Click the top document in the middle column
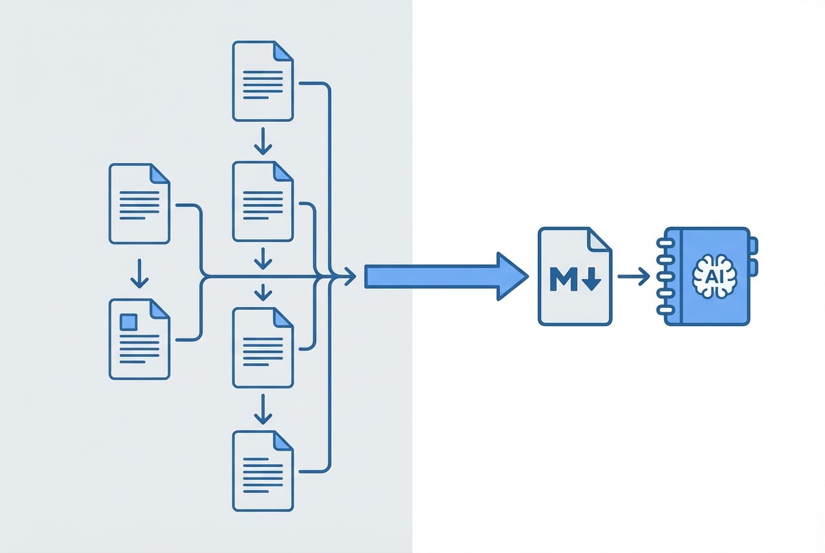[262, 81]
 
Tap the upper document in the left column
[139, 203]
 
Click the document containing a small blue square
[139, 338]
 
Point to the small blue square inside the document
[129, 321]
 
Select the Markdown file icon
[574, 276]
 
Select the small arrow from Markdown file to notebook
[633, 276]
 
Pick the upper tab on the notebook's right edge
[753, 246]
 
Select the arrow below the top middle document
[262, 140]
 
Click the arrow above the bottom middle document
[262, 408]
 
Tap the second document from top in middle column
[262, 202]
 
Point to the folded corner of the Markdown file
[600, 239]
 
